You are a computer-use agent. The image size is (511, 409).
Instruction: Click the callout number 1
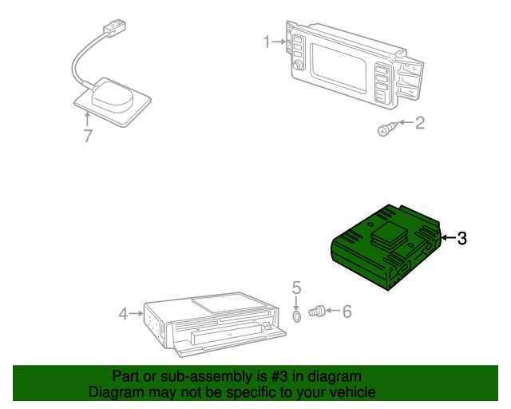pyautogui.click(x=267, y=42)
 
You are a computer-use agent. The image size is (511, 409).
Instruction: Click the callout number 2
pyautogui.click(x=421, y=123)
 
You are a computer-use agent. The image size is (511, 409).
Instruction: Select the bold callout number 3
pyautogui.click(x=462, y=238)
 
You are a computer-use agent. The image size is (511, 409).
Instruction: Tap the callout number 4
pyautogui.click(x=123, y=314)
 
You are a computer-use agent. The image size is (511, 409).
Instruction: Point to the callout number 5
pyautogui.click(x=296, y=288)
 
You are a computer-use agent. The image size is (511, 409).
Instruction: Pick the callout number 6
pyautogui.click(x=347, y=312)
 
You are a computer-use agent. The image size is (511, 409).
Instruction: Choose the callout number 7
pyautogui.click(x=88, y=136)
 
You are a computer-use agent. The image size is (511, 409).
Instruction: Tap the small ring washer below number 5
pyautogui.click(x=296, y=316)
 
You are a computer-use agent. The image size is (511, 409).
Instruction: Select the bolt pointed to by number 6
pyautogui.click(x=317, y=311)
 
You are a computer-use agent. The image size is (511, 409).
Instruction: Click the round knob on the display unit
pyautogui.click(x=298, y=66)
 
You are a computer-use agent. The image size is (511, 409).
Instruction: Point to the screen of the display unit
pyautogui.click(x=339, y=68)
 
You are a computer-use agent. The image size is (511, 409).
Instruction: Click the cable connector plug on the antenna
pyautogui.click(x=115, y=26)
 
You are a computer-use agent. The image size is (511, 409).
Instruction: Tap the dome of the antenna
pyautogui.click(x=113, y=95)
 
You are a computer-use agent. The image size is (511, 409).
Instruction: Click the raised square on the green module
pyautogui.click(x=389, y=231)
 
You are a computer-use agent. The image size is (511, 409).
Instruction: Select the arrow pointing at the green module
pyautogui.click(x=449, y=238)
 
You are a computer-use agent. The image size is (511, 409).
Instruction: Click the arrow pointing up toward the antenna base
pyautogui.click(x=87, y=119)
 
